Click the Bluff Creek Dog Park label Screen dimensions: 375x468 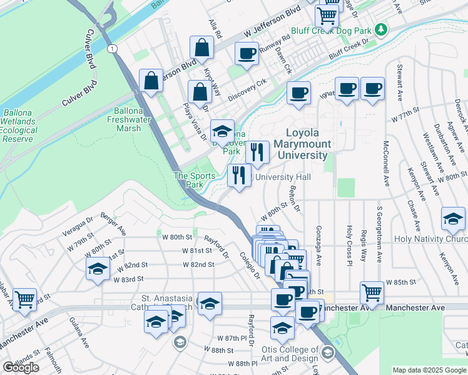pos(332,30)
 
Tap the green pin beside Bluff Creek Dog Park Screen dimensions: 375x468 pos(380,29)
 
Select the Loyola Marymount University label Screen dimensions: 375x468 pos(307,144)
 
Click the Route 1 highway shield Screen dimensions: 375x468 pos(111,48)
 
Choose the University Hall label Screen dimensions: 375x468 pos(282,177)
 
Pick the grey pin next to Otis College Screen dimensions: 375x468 pos(327,354)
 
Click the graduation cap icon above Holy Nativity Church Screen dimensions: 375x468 pos(453,218)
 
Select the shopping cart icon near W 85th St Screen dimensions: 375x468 pos(372,292)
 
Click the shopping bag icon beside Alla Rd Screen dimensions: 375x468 pos(203,47)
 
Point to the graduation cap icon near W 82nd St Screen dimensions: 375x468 pos(98,269)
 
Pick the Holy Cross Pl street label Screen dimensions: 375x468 pos(349,244)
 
